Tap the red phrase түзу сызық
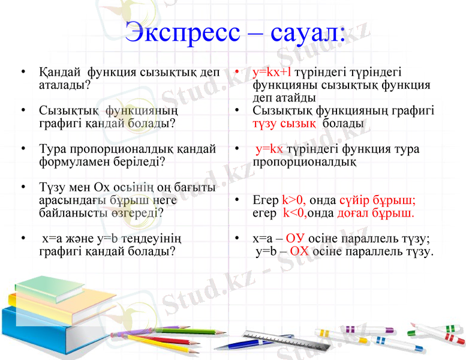284,124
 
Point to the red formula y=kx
269,149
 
